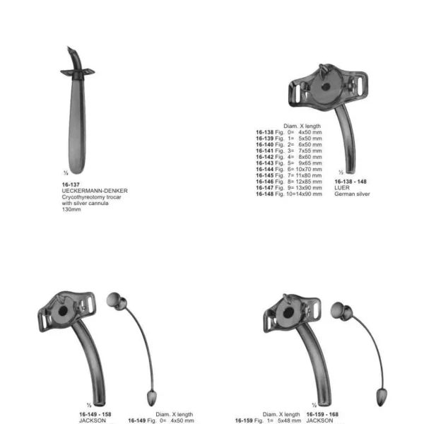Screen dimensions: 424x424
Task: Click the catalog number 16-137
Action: tap(71, 184)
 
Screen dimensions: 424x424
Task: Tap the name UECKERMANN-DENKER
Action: tap(95, 191)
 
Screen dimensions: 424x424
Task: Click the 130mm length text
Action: tap(71, 210)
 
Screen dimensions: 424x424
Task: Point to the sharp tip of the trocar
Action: tap(69, 47)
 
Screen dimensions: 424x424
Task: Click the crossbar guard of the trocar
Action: tap(77, 72)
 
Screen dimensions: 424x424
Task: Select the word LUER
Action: tap(342, 188)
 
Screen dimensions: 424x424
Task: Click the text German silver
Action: tap(352, 194)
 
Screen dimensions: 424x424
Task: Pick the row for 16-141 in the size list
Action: tap(289, 151)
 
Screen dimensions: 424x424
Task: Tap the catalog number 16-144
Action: tap(265, 170)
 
